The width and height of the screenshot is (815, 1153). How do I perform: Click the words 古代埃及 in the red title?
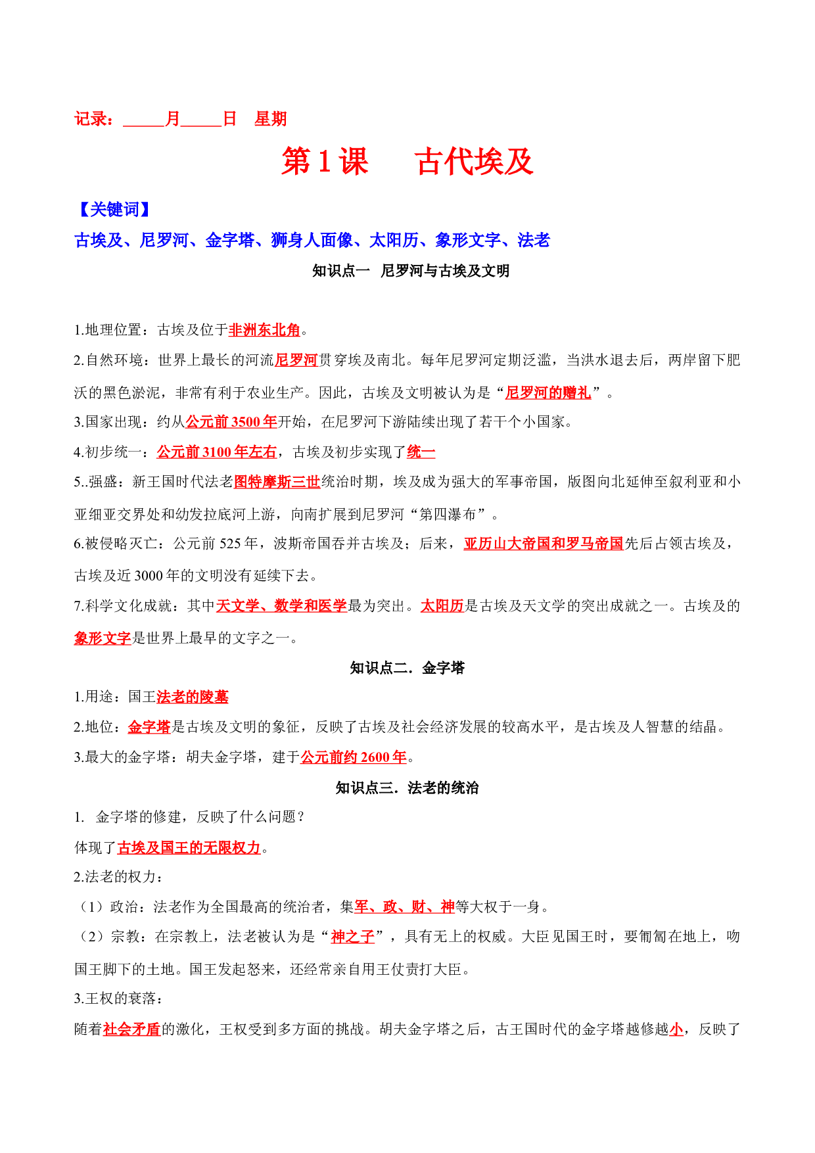click(474, 162)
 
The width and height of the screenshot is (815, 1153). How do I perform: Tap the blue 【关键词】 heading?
click(114, 210)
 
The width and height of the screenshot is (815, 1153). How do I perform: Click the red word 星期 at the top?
click(271, 119)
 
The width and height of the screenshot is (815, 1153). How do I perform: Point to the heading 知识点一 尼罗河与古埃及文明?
click(411, 271)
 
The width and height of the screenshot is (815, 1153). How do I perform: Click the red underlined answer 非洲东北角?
click(264, 330)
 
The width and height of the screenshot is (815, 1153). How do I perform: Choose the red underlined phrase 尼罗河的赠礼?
click(548, 393)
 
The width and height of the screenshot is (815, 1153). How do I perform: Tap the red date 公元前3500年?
click(231, 422)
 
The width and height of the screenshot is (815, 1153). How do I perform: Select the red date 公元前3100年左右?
click(217, 452)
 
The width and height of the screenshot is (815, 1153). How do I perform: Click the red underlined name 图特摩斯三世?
click(277, 482)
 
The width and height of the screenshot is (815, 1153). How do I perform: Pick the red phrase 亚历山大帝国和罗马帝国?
click(544, 544)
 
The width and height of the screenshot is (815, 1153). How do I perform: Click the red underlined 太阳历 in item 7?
click(442, 606)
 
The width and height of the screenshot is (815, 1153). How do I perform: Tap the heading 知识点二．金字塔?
click(407, 668)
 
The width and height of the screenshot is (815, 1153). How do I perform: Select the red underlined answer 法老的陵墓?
click(193, 697)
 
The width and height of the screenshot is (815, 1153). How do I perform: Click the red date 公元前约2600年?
click(354, 757)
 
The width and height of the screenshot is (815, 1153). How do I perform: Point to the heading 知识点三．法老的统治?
click(407, 788)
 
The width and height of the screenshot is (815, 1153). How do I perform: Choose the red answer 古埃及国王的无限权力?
click(189, 848)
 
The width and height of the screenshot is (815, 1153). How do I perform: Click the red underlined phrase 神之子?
click(353, 937)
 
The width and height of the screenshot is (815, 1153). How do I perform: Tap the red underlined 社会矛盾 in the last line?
click(132, 1029)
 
